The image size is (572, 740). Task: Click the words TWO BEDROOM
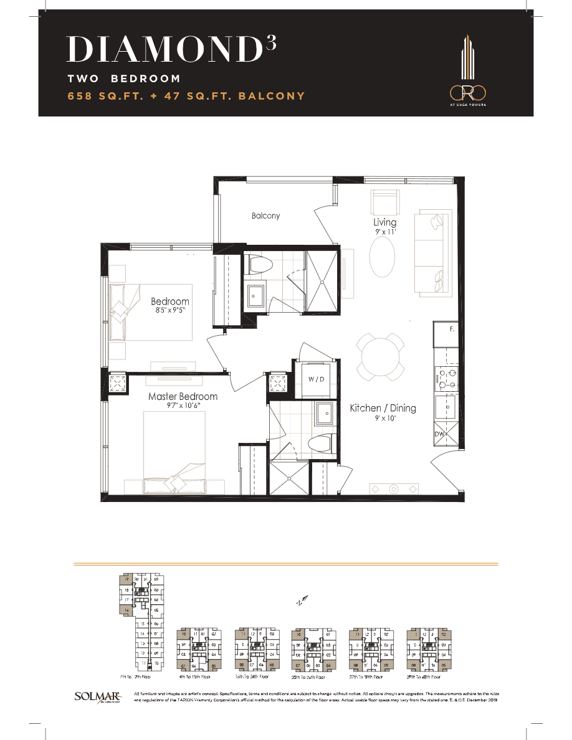(x=124, y=79)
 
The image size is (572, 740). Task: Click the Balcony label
(x=265, y=216)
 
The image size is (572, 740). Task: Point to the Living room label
(x=384, y=222)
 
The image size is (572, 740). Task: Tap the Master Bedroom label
(x=183, y=396)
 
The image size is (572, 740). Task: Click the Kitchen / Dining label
(x=383, y=408)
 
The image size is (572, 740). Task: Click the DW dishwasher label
(x=441, y=434)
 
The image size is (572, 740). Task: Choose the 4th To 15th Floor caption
(x=198, y=676)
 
